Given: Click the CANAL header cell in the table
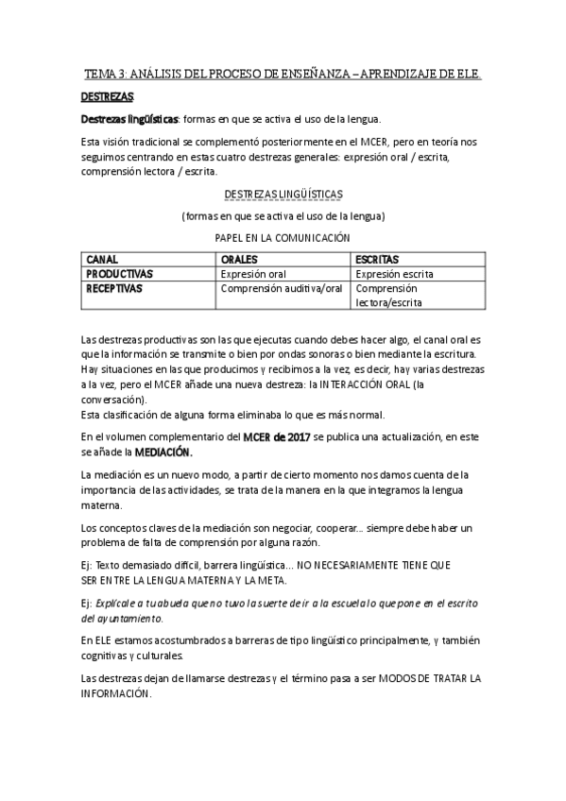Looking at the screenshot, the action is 104,259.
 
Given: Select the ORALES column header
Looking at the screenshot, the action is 239,259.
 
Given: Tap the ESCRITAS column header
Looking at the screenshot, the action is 377,259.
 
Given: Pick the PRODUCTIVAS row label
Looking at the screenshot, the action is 120,274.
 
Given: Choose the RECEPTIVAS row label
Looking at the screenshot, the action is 114,289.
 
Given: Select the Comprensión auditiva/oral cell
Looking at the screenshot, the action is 281,289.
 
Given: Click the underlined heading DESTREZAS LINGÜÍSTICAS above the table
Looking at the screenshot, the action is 283,195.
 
